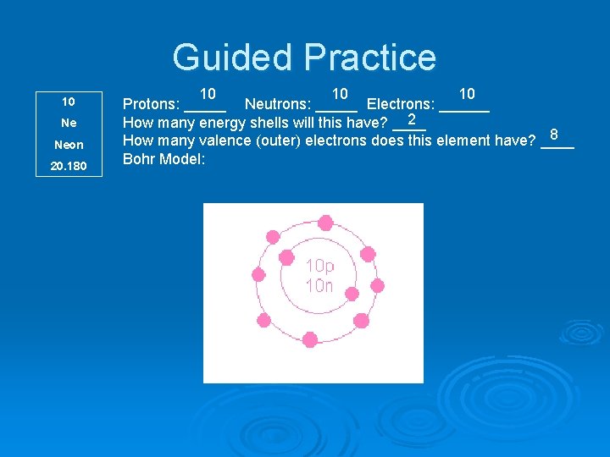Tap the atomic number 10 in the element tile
[69, 102]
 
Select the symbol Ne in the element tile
[69, 123]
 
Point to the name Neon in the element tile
[69, 145]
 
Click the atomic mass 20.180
[69, 166]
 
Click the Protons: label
[151, 105]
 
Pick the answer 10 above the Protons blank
[208, 93]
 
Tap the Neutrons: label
[278, 105]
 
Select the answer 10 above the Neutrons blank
[340, 93]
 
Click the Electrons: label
[401, 105]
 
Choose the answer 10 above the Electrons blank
[466, 93]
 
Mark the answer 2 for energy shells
[411, 119]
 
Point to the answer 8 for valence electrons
[554, 135]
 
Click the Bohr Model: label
[164, 158]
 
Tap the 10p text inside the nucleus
[319, 266]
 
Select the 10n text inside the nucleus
[319, 286]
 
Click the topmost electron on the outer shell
[325, 223]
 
